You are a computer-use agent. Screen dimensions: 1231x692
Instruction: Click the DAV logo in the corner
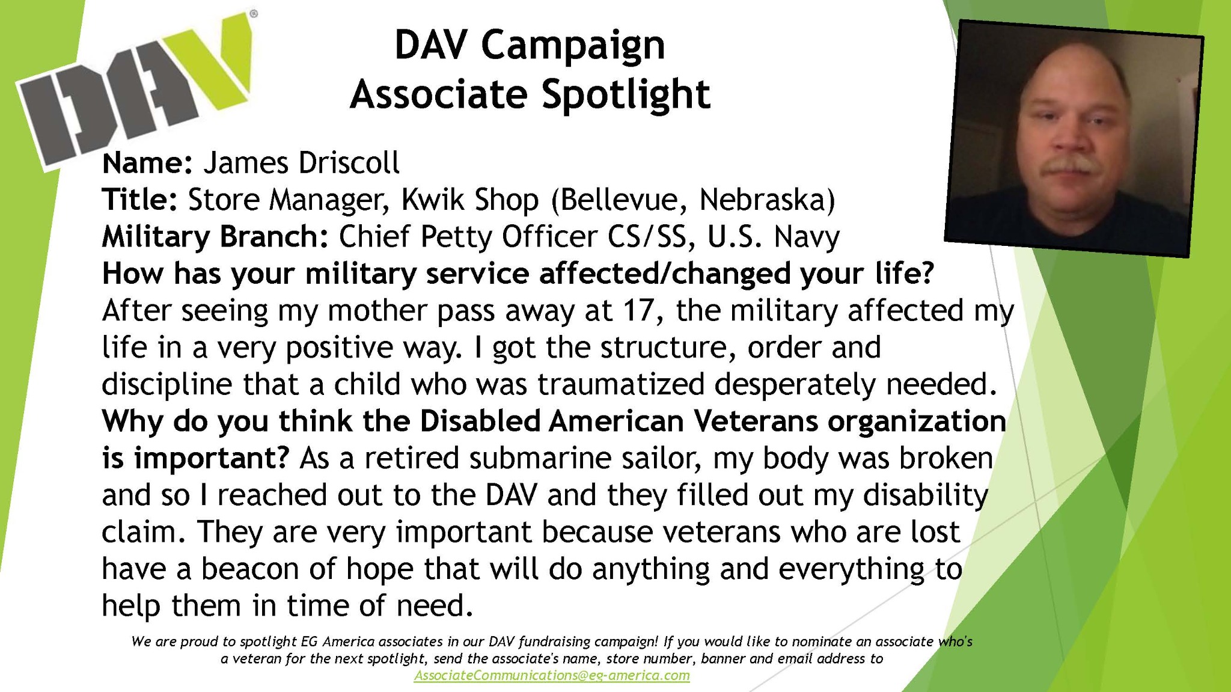[x=135, y=90]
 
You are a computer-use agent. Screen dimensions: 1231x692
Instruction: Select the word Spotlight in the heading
[x=626, y=95]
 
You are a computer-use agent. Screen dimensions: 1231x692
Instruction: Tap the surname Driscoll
[x=349, y=163]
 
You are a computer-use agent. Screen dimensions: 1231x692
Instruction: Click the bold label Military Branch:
[x=215, y=237]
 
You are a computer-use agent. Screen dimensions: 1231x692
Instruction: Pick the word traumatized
[x=621, y=385]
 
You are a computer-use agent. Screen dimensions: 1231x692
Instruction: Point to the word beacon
[x=250, y=569]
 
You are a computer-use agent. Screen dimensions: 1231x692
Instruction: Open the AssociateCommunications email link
[x=552, y=675]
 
